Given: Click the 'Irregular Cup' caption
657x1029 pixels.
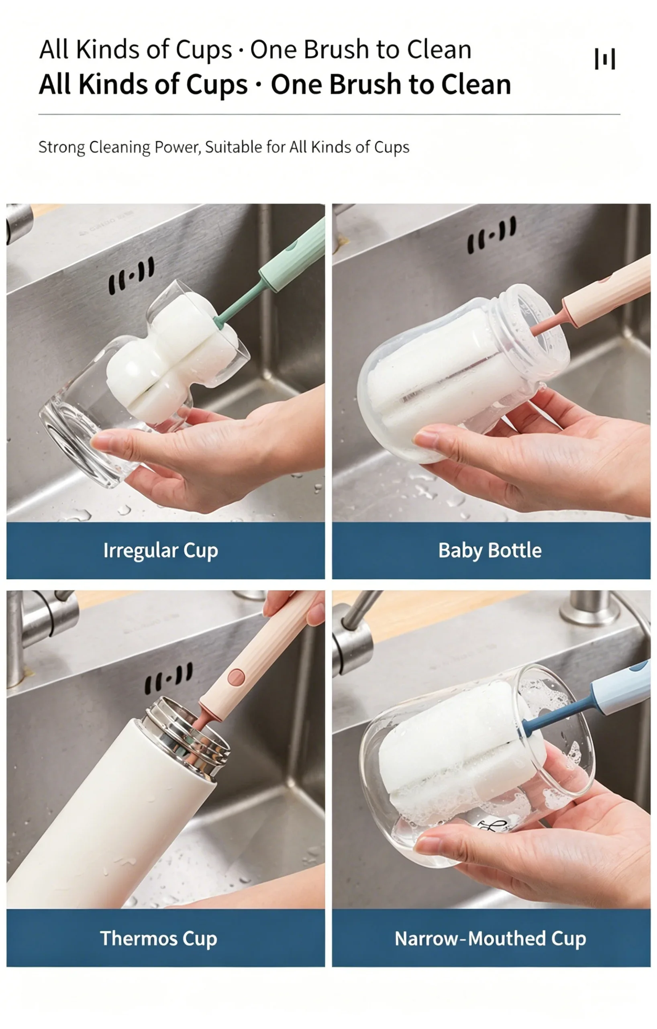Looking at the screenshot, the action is pyautogui.click(x=161, y=551).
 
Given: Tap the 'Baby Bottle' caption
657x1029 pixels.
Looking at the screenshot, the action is pyautogui.click(x=490, y=550).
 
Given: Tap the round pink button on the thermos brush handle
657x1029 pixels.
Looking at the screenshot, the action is pyautogui.click(x=236, y=677).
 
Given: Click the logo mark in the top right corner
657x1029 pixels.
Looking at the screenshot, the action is pyautogui.click(x=605, y=59).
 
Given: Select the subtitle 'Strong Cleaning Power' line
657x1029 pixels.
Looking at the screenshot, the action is pyautogui.click(x=224, y=147).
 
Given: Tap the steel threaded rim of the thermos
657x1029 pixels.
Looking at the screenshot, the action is pyautogui.click(x=187, y=733).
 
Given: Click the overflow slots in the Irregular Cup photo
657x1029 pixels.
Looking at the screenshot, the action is pyautogui.click(x=131, y=276).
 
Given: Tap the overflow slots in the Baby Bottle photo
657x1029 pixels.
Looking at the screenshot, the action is pyautogui.click(x=492, y=235).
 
